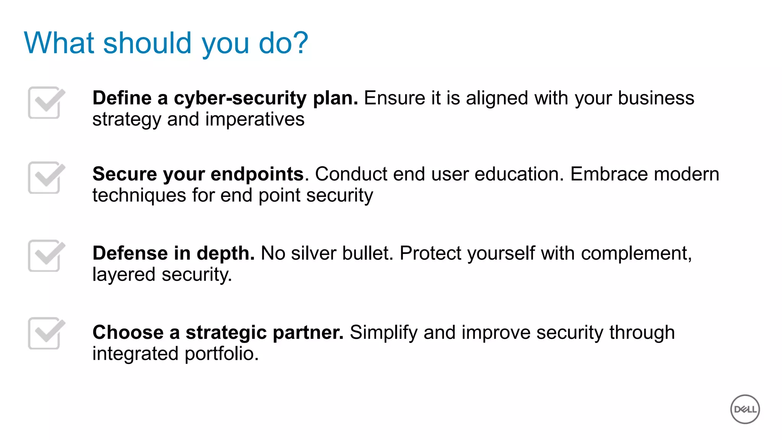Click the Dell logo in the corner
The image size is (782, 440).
pyautogui.click(x=745, y=409)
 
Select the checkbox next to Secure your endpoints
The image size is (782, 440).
pyautogui.click(x=45, y=178)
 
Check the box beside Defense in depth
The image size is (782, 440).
pyautogui.click(x=45, y=256)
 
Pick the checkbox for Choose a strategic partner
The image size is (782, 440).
pyautogui.click(x=45, y=333)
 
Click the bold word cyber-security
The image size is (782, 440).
pyautogui.click(x=240, y=98)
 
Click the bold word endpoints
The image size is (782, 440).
pyautogui.click(x=257, y=175)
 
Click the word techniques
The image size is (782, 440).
pyautogui.click(x=139, y=196)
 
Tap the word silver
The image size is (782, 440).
pyautogui.click(x=313, y=253)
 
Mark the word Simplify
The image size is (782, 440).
pyautogui.click(x=384, y=332)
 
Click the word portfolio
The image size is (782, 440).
pyautogui.click(x=221, y=354)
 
